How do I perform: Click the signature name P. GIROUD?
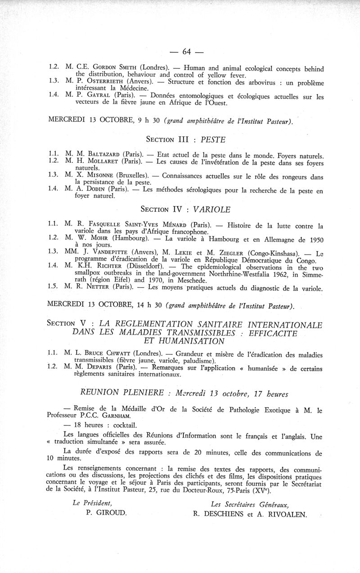click(106, 512)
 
